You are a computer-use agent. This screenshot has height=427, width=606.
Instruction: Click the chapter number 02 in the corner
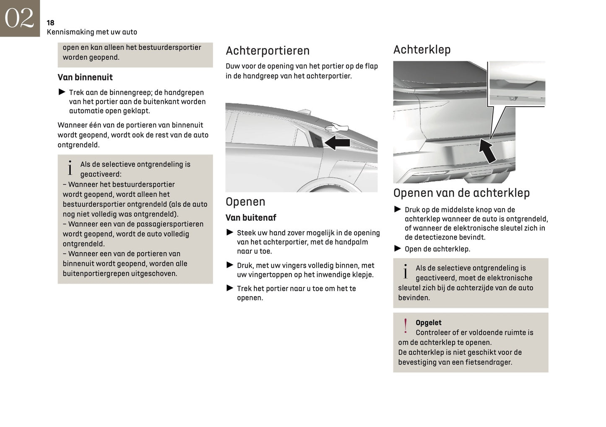pyautogui.click(x=19, y=18)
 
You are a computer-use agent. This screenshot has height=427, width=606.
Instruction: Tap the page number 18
pyautogui.click(x=50, y=23)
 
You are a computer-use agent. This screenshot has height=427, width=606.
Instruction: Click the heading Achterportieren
pyautogui.click(x=268, y=51)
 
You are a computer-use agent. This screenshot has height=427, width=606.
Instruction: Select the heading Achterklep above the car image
pyautogui.click(x=422, y=49)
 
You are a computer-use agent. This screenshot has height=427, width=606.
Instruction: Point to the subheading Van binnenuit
pyautogui.click(x=85, y=77)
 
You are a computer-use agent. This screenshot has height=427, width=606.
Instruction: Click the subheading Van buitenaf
pyautogui.click(x=251, y=218)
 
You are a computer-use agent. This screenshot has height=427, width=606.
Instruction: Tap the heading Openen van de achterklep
pyautogui.click(x=461, y=193)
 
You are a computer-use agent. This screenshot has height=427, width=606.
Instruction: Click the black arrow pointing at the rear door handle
pyautogui.click(x=337, y=143)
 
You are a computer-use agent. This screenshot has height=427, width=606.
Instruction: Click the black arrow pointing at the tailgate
pyautogui.click(x=487, y=151)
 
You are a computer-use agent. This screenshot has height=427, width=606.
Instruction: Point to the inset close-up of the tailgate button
pyautogui.click(x=517, y=83)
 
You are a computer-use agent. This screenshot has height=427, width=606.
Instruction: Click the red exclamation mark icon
pyautogui.click(x=405, y=326)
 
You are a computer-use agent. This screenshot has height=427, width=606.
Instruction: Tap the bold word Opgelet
pyautogui.click(x=428, y=323)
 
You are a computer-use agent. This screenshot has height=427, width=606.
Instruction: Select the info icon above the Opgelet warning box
pyautogui.click(x=405, y=271)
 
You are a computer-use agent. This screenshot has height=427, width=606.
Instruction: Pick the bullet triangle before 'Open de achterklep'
pyautogui.click(x=398, y=248)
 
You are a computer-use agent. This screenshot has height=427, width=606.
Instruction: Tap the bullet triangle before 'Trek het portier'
pyautogui.click(x=230, y=288)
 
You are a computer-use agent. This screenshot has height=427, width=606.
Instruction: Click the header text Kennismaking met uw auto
pyautogui.click(x=92, y=32)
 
